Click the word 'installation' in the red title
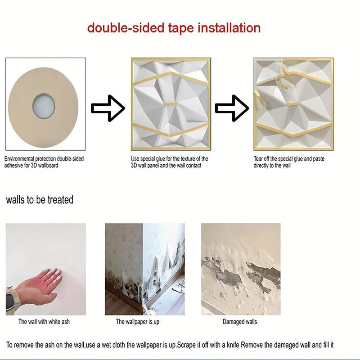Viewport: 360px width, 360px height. [x=229, y=27]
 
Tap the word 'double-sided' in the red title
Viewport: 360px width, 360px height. [x=126, y=27]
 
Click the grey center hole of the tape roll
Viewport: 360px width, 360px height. [x=43, y=106]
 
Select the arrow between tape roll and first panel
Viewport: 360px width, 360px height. [x=108, y=108]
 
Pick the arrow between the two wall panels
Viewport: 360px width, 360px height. [x=232, y=108]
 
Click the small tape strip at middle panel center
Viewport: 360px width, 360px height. [x=171, y=104]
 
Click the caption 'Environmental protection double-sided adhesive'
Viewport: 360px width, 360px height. [x=44, y=162]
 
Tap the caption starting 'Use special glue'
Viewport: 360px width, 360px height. [x=170, y=162]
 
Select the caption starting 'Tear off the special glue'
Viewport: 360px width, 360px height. [x=289, y=162]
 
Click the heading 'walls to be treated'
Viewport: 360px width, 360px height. [x=40, y=199]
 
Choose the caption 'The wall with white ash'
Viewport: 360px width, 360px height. [x=44, y=321]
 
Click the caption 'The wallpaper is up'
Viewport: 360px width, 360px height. [x=138, y=321]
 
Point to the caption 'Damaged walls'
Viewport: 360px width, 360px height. [x=240, y=321]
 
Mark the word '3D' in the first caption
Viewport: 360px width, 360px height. [x=33, y=165]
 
